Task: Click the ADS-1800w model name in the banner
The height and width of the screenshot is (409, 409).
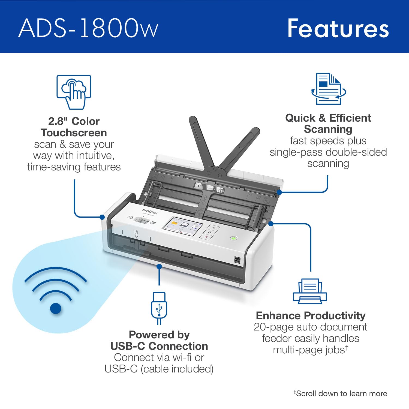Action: point(88,28)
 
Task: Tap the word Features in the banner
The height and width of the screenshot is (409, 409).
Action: point(338,28)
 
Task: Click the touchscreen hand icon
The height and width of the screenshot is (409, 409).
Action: point(74,92)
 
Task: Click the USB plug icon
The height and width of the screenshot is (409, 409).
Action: point(159,308)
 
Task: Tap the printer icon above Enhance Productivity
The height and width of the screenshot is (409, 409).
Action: point(310,291)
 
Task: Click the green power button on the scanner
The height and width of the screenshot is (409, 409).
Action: point(233,238)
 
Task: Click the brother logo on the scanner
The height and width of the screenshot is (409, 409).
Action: point(150,211)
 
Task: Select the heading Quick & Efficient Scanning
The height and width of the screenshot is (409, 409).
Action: point(328,124)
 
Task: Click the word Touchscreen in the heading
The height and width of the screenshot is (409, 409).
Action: point(74,133)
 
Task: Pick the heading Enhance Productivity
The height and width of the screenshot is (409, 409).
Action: point(311,315)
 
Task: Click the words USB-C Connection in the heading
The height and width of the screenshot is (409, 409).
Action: point(159,346)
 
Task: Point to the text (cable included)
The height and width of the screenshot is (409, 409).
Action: point(177,369)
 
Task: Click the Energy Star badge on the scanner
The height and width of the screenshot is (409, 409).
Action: point(237,260)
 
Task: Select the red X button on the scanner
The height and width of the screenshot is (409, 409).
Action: point(206,237)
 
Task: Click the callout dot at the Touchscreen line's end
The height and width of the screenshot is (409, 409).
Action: point(102,217)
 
